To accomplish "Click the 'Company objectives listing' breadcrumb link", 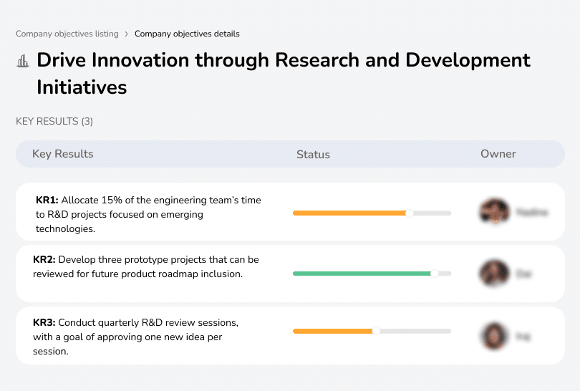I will (x=67, y=34).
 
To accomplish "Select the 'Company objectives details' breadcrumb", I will (x=187, y=34).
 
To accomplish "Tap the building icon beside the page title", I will (x=23, y=61).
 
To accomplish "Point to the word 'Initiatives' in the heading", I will (x=82, y=87).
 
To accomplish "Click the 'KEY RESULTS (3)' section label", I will (x=54, y=122).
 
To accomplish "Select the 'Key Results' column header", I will (x=62, y=154).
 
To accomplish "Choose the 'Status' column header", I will (x=313, y=154).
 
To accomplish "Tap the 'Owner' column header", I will (x=498, y=154).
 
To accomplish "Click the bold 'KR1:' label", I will (x=47, y=201).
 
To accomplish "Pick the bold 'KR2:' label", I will (x=44, y=259).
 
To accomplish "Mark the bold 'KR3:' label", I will (x=44, y=322).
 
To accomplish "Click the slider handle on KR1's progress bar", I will (x=410, y=213).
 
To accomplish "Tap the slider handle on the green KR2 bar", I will (x=434, y=274).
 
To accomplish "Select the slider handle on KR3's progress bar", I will (x=376, y=331).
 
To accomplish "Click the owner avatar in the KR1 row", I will (x=493, y=212).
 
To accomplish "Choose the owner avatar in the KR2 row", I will (x=493, y=273).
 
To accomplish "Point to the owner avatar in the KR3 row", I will (x=493, y=335).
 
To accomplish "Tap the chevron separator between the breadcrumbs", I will (x=127, y=34).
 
